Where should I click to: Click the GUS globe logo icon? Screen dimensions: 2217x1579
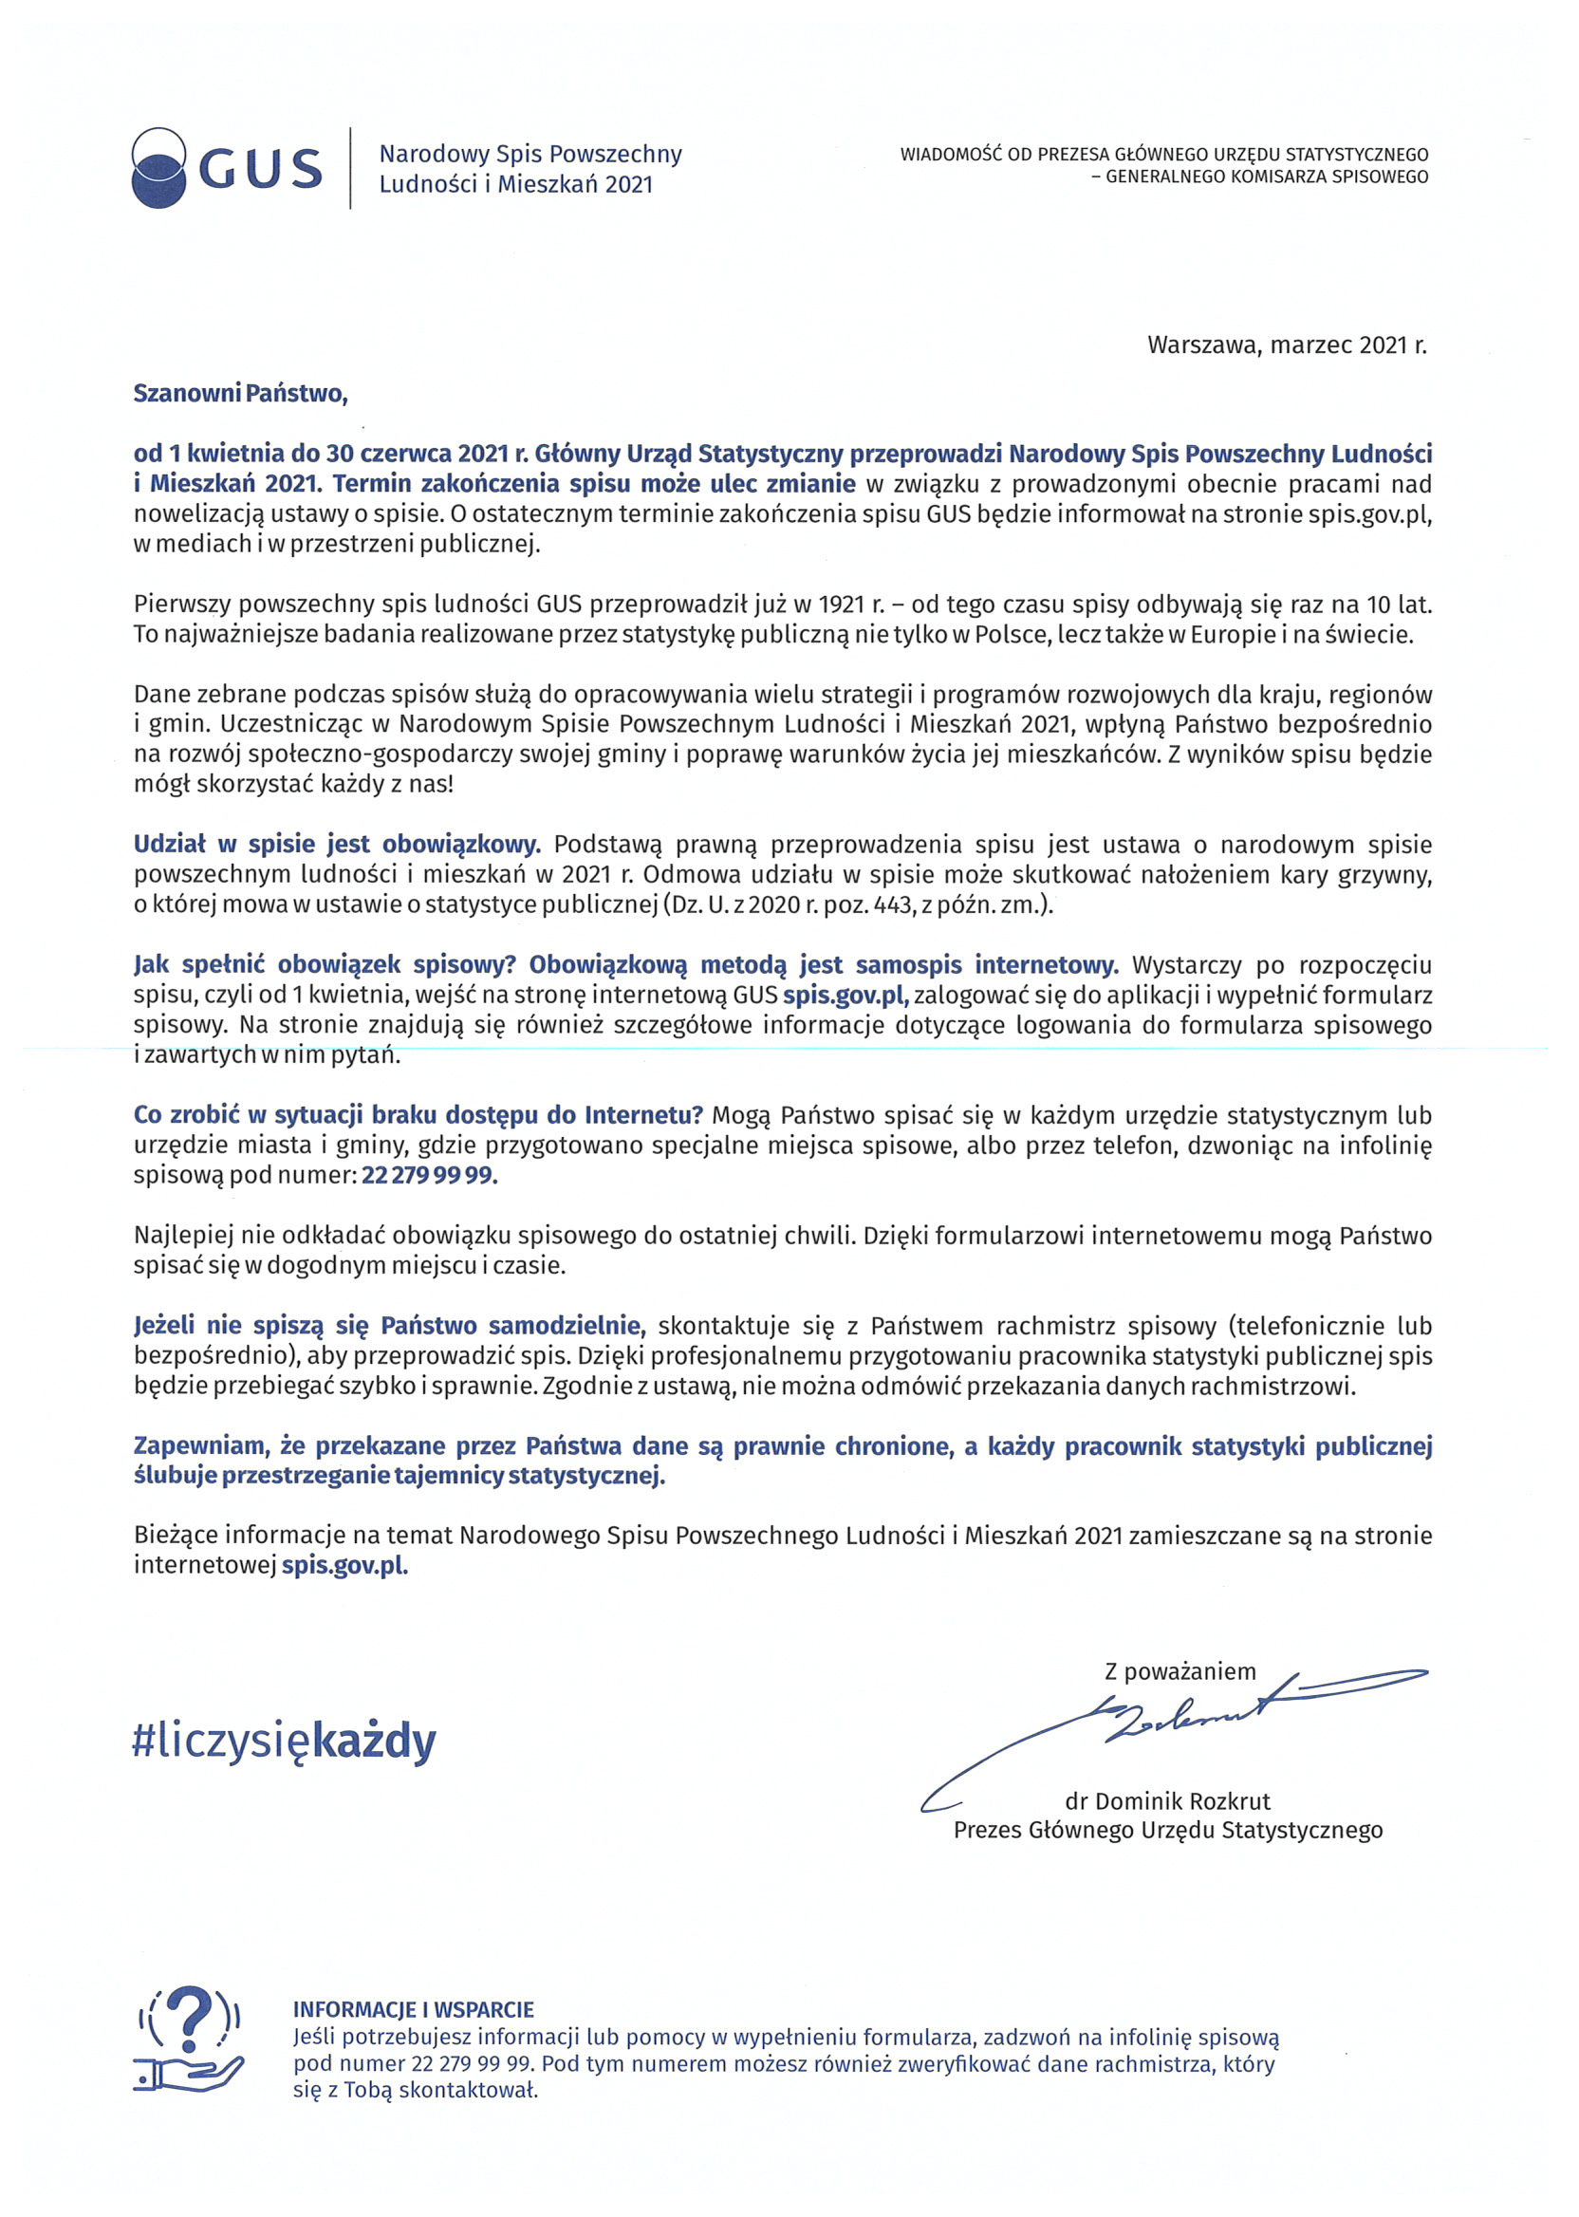(158, 167)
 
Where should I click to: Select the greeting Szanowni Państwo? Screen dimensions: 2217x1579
(240, 394)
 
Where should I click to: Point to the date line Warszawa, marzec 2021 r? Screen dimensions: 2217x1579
(1287, 345)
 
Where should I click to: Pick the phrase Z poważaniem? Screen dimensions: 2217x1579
(1180, 1671)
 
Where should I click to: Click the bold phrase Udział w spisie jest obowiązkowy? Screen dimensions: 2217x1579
(337, 844)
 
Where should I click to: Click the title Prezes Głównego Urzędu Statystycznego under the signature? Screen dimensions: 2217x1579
(1167, 1830)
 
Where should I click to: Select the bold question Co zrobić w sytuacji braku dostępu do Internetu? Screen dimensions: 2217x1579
(418, 1115)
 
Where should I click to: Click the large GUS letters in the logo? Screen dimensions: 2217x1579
(261, 169)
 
